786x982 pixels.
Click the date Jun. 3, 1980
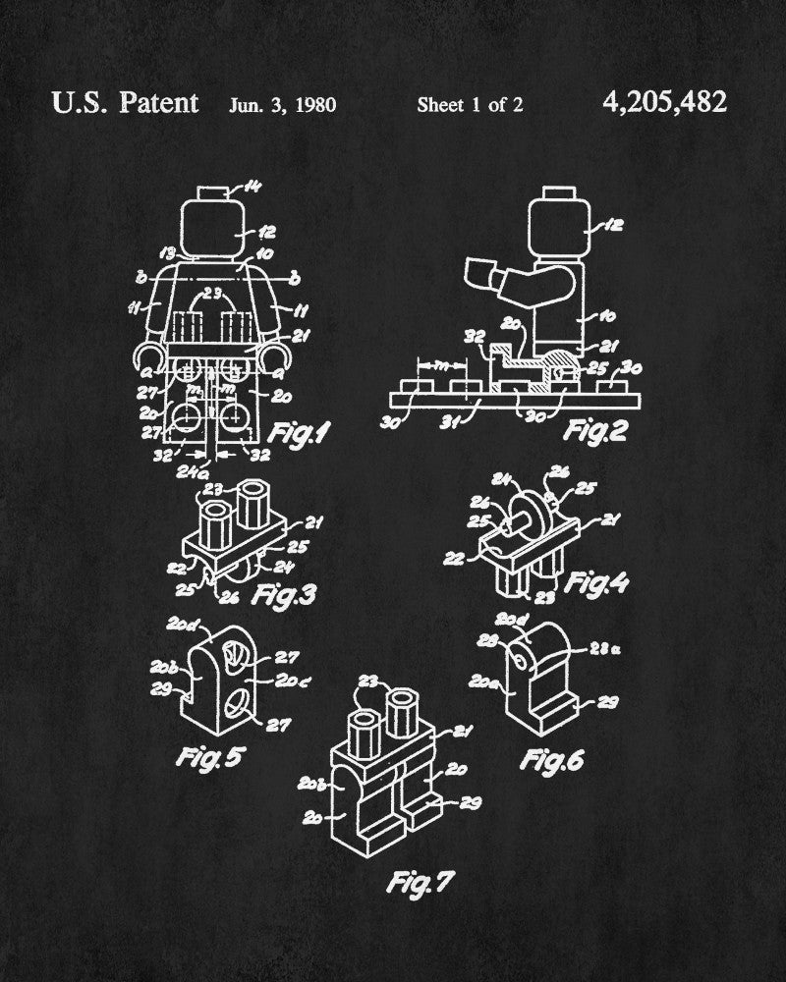tap(283, 104)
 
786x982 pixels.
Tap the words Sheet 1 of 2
tap(470, 104)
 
